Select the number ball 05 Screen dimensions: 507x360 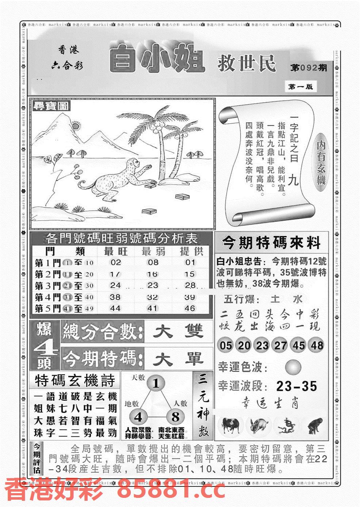[x=226, y=345]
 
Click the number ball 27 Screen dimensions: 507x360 [x=280, y=345]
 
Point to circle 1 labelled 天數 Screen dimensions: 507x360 [x=156, y=384]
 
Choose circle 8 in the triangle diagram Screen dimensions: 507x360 [x=176, y=417]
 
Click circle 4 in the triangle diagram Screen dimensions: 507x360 [x=138, y=417]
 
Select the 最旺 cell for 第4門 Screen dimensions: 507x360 [x=115, y=297]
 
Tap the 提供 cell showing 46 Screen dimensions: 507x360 [x=189, y=308]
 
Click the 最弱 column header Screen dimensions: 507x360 [x=153, y=251]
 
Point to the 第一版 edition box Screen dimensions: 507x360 [x=300, y=87]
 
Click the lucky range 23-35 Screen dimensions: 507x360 [x=296, y=386]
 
